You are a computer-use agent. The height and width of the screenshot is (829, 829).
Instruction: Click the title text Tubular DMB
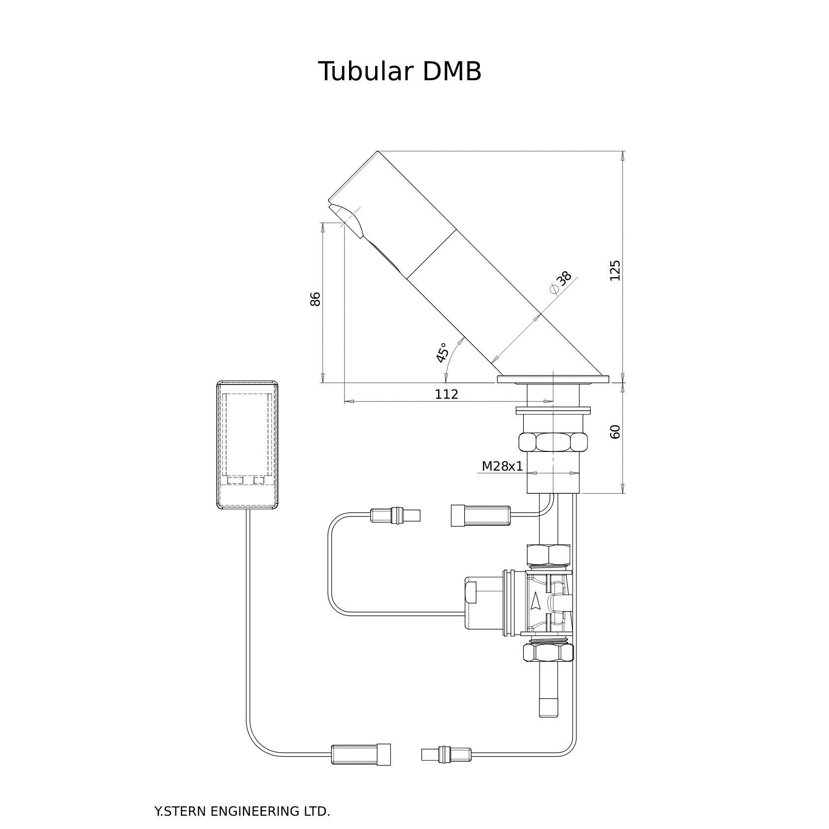tap(400, 72)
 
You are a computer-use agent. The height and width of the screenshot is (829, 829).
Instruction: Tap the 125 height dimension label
tap(615, 270)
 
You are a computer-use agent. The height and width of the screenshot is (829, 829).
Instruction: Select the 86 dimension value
tap(316, 299)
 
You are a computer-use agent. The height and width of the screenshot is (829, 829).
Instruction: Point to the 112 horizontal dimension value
tap(446, 394)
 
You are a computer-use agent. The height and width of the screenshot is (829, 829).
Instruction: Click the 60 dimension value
tap(615, 431)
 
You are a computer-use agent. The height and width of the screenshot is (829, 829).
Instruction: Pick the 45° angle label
tap(442, 353)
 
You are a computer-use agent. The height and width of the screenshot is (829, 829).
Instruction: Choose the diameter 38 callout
tap(561, 282)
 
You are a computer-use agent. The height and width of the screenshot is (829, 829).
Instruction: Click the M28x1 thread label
tap(502, 466)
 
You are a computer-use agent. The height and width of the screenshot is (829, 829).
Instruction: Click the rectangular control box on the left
tap(247, 445)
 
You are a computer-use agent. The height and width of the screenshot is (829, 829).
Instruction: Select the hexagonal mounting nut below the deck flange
tap(553, 442)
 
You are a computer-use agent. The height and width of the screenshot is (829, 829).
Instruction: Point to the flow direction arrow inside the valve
tap(536, 601)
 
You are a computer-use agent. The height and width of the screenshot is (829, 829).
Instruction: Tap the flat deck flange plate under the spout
tap(553, 379)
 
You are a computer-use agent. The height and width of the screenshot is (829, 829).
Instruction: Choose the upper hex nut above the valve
tap(548, 555)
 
